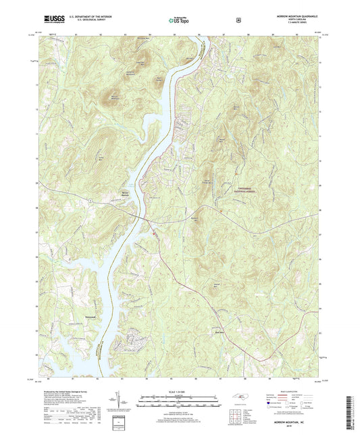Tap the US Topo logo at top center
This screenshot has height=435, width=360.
(179, 21)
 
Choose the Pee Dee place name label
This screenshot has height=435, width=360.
(218, 332)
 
